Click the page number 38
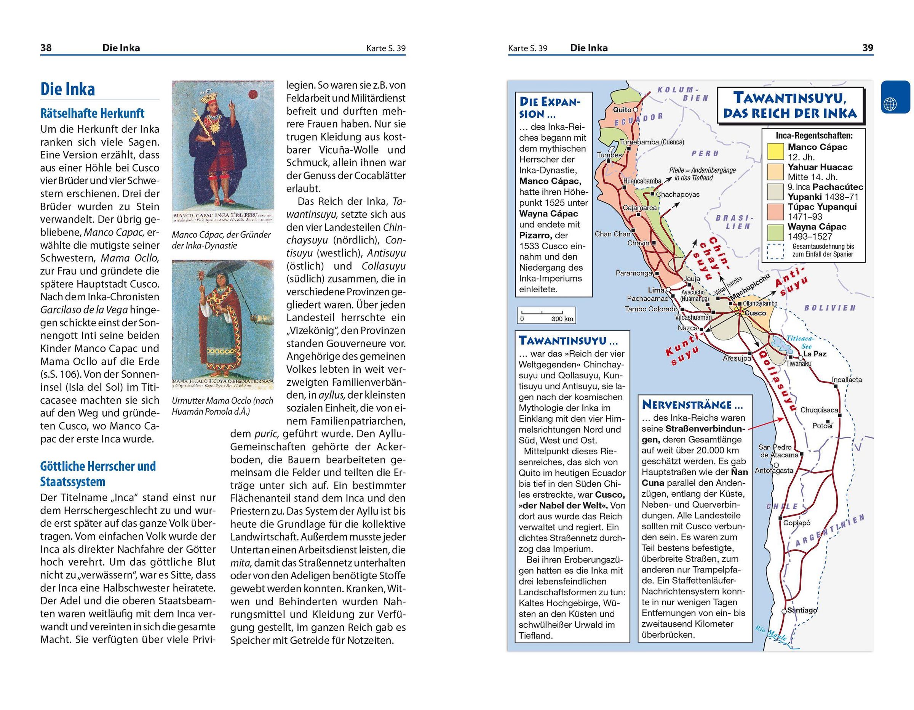[x=46, y=48]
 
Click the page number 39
[x=868, y=48]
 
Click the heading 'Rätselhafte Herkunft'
[x=92, y=114]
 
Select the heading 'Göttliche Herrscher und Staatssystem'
[x=98, y=474]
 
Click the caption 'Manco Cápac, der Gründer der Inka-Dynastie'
[x=221, y=240]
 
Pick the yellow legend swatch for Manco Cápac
[x=775, y=152]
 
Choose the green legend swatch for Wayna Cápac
[x=775, y=232]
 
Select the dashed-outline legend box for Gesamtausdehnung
[x=775, y=251]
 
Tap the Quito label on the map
[x=622, y=110]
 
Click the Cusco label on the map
[x=756, y=313]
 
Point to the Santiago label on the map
[x=801, y=610]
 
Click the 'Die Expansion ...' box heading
[x=550, y=107]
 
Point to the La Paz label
[x=814, y=354]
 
